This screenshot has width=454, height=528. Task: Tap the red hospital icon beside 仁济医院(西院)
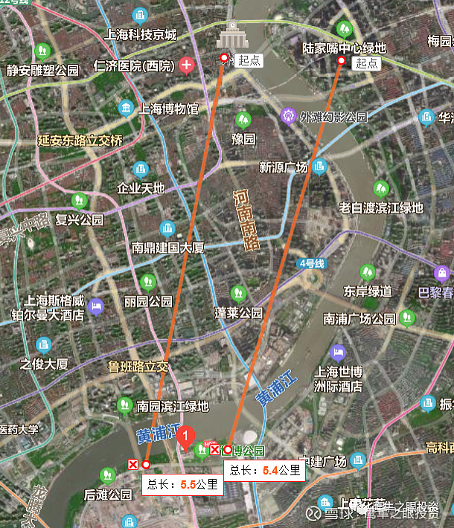[186, 65]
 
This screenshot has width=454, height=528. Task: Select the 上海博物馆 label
[163, 109]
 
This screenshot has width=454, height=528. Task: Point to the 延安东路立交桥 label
[80, 140]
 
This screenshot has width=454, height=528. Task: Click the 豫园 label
[243, 139]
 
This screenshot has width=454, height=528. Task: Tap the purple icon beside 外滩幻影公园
[289, 116]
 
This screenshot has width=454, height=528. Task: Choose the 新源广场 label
[283, 167]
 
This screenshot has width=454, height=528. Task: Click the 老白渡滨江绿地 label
[380, 207]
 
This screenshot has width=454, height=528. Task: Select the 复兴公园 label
[80, 220]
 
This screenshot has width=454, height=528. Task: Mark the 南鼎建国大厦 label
[167, 247]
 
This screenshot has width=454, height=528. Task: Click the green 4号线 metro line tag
[312, 263]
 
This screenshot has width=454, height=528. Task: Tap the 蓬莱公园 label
[239, 313]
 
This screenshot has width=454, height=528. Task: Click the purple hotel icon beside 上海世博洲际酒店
[339, 352]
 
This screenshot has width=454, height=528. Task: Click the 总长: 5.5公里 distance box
[182, 485]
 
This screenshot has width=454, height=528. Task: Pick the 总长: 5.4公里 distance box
[264, 470]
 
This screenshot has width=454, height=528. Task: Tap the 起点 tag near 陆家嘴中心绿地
[366, 64]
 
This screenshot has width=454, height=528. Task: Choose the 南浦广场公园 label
[359, 319]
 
